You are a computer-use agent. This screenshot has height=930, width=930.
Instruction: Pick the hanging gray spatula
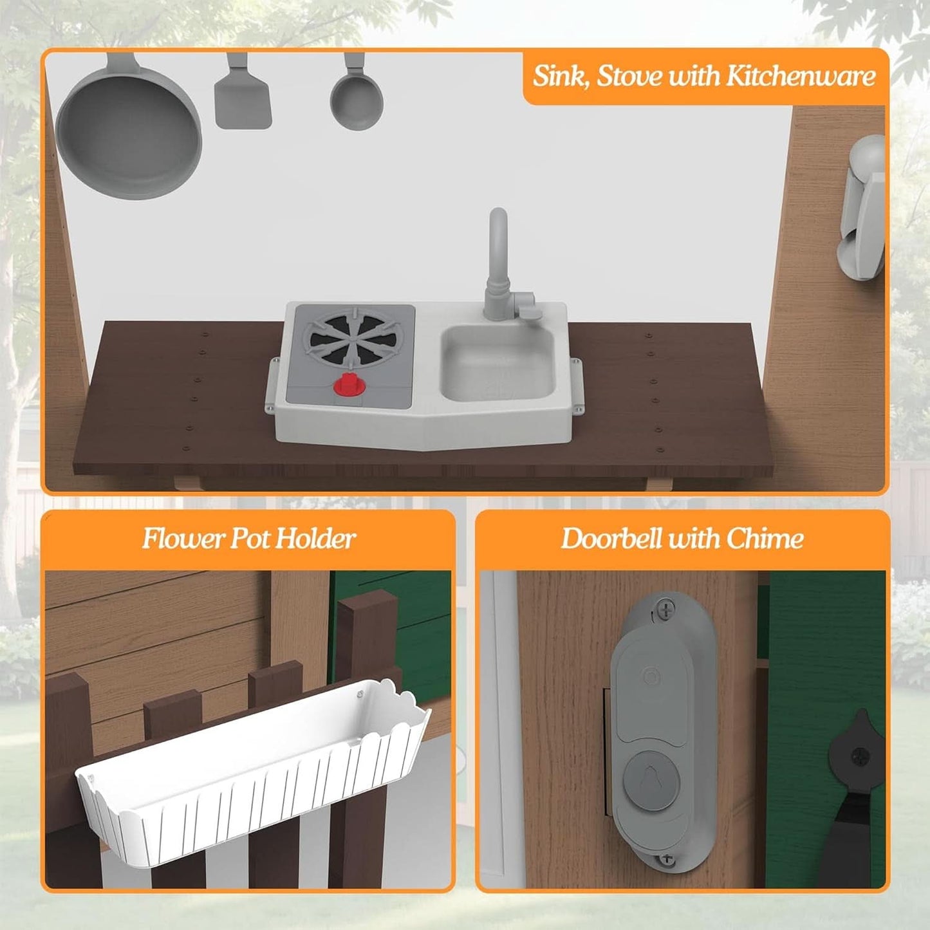(x=243, y=92)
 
